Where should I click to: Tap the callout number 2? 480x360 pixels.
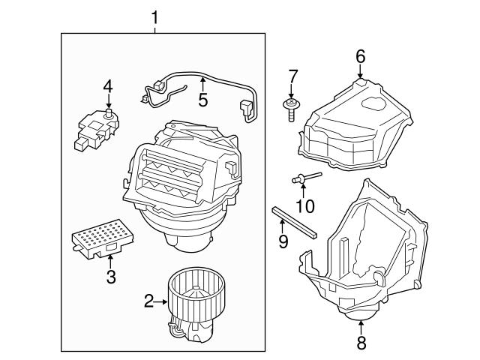click(x=149, y=301)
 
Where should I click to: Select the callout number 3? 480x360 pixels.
click(x=111, y=277)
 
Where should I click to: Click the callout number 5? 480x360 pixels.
click(x=202, y=100)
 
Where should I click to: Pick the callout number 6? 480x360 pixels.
click(x=360, y=55)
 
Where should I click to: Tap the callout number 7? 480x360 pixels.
click(x=293, y=76)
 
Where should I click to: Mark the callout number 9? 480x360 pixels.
click(x=283, y=241)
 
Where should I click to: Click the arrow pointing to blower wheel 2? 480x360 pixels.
click(x=161, y=301)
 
